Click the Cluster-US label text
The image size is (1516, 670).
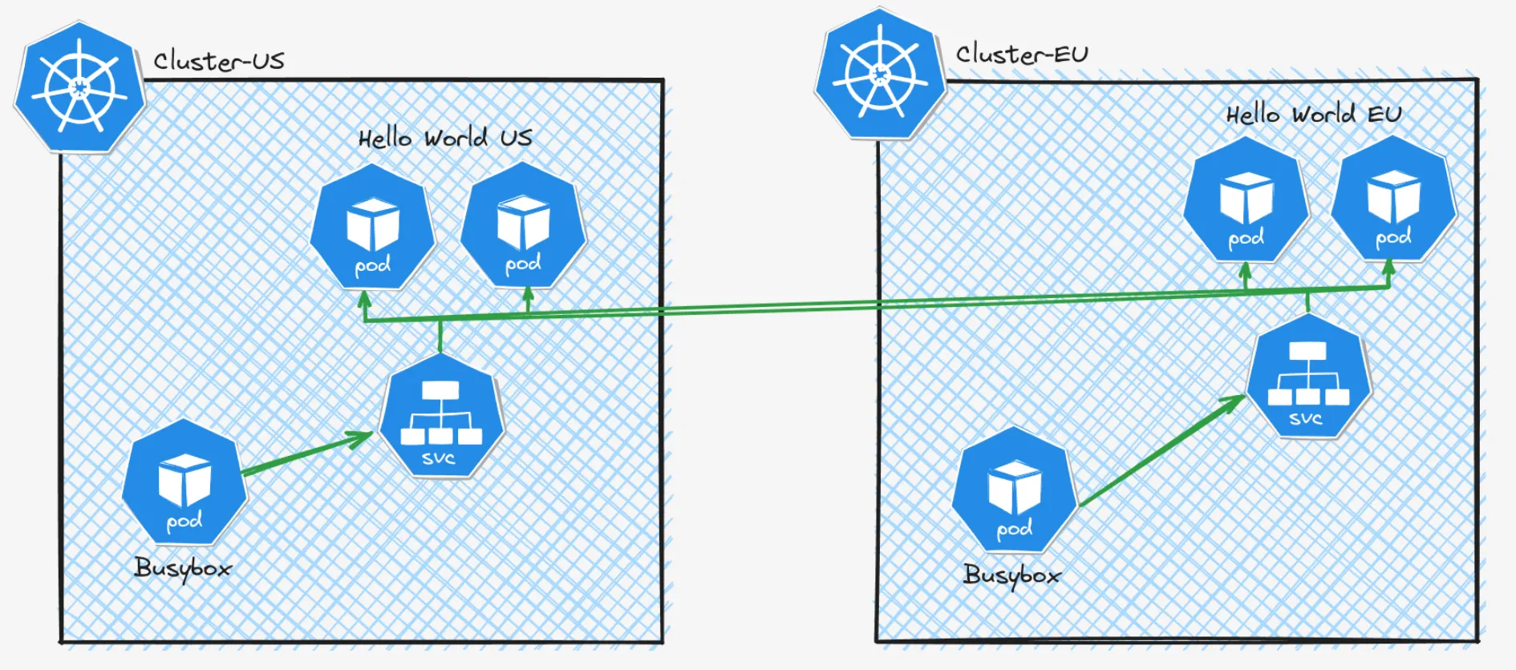coord(218,61)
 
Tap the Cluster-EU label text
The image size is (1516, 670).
coord(1021,54)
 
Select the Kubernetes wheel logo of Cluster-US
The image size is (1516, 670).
coord(79,87)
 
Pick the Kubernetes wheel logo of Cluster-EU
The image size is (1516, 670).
coord(880,75)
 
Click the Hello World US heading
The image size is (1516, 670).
coord(444,138)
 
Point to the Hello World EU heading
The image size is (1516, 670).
coord(1313,115)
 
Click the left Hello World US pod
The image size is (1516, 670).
coord(372,228)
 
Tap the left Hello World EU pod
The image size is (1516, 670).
coord(1246,200)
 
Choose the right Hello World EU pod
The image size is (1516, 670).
coord(1393,199)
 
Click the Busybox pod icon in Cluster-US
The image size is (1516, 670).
coord(184,483)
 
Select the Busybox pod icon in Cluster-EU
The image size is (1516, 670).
coord(1014,490)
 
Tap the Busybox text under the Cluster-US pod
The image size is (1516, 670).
coord(183,568)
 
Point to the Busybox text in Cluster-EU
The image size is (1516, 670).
coord(1011,575)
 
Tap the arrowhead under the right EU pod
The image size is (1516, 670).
coord(1389,266)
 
